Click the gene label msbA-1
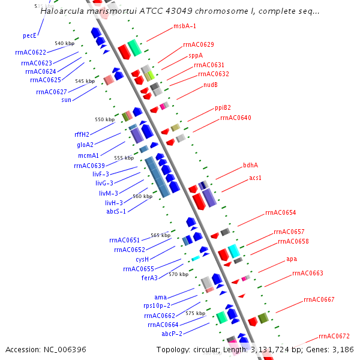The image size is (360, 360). (x=185, y=26)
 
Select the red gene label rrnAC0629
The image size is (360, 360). (x=198, y=44)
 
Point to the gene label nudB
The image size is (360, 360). (x=210, y=85)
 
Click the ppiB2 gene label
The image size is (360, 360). (x=223, y=108)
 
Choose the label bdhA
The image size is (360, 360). (x=250, y=165)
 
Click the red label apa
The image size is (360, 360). (x=291, y=259)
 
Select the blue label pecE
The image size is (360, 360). (x=29, y=35)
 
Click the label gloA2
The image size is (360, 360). (x=85, y=145)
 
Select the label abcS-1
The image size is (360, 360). (x=115, y=211)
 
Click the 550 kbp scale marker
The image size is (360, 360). (x=104, y=119)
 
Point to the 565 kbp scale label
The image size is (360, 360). (x=160, y=235)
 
